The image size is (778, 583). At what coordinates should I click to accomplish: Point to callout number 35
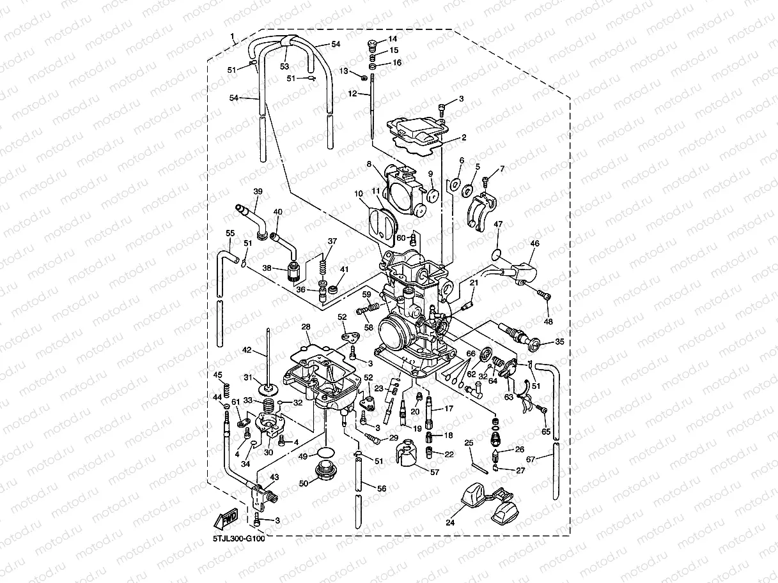click(559, 342)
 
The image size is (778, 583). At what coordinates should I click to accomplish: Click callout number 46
click(534, 243)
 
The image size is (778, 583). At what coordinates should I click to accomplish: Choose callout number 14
click(393, 39)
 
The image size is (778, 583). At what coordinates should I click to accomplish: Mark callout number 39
click(258, 192)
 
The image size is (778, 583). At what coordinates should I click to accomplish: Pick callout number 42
click(247, 351)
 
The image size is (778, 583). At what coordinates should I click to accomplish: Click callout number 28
click(306, 327)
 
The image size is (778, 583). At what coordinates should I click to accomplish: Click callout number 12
click(352, 93)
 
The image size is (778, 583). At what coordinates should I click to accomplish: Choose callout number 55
click(230, 234)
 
